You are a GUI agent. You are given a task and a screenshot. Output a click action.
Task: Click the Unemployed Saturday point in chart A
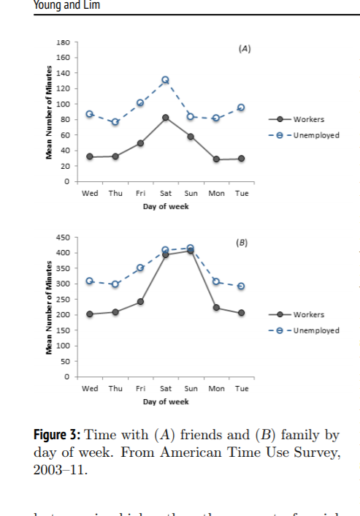click(x=165, y=80)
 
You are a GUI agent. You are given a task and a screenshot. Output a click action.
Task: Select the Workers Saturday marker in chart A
click(x=166, y=118)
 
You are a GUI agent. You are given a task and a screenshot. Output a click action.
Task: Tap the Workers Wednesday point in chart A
click(x=90, y=156)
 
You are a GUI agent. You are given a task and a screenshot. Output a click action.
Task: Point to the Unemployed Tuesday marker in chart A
click(x=241, y=107)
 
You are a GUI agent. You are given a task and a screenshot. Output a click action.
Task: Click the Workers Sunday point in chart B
click(x=191, y=251)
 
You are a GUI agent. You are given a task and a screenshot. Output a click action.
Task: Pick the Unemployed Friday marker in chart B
click(x=140, y=268)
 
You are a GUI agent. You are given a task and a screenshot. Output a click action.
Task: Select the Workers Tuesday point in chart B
click(x=241, y=313)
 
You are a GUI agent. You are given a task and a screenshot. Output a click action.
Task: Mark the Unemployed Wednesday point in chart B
click(x=90, y=281)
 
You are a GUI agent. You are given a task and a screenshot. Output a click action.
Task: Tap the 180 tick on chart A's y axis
click(x=64, y=42)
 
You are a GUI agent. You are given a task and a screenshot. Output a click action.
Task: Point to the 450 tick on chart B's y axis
click(x=64, y=237)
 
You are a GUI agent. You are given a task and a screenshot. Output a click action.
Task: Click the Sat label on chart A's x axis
click(x=166, y=193)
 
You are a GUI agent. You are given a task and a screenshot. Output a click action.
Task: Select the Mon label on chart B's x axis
click(x=216, y=388)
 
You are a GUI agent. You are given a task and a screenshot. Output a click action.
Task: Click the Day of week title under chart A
click(x=166, y=206)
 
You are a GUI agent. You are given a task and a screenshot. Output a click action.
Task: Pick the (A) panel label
click(x=245, y=49)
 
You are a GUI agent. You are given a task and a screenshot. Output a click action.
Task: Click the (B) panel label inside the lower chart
click(x=242, y=242)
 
